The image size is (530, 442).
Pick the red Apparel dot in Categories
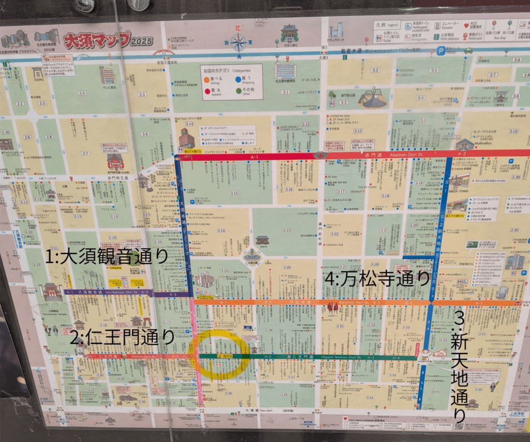[x=207, y=90]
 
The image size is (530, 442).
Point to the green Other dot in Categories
[x=238, y=90]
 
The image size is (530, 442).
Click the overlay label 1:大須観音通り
[x=107, y=256]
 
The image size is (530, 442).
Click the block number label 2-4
[x=82, y=93]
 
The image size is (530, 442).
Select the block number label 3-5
[x=434, y=70]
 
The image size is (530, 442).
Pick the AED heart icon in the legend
[x=463, y=25]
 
